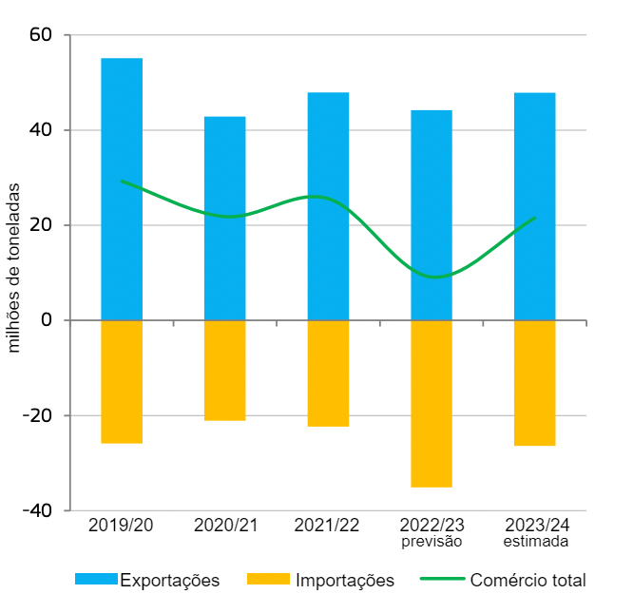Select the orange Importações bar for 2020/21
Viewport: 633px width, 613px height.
coord(225,371)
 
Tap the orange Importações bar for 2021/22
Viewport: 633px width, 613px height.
coord(328,374)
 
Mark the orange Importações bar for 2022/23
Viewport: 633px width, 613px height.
coord(432,404)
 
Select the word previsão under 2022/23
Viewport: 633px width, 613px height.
coord(431,543)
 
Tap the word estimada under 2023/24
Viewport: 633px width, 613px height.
coord(535,543)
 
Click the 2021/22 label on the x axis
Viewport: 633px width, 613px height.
coord(328,526)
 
